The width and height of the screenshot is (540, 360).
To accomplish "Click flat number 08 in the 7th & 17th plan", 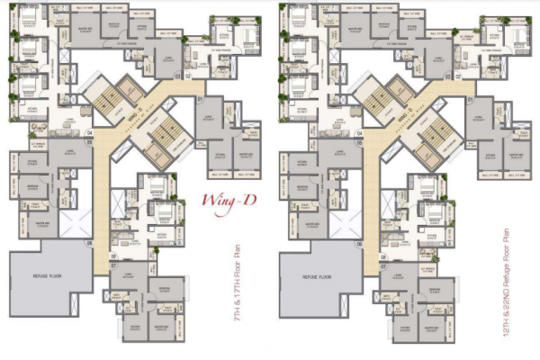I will coord(114,256).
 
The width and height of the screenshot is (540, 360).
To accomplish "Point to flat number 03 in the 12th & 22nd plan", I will coord(447,76).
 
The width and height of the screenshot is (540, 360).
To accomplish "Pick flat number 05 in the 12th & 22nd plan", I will coord(359,141).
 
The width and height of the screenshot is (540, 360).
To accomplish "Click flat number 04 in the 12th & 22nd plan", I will coord(359,132).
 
